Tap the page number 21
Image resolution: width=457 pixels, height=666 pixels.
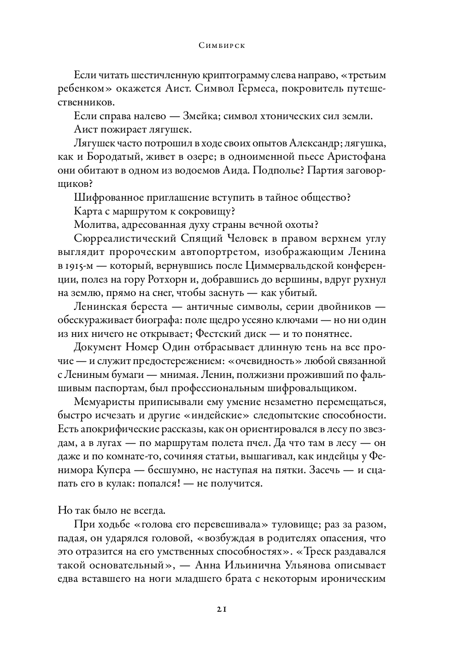(222, 609)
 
